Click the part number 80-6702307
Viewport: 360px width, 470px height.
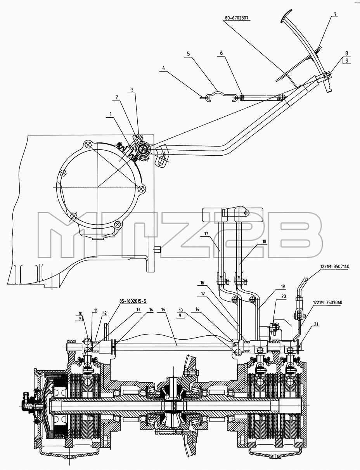coord(237,18)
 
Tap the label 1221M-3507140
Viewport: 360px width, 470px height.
coord(334,267)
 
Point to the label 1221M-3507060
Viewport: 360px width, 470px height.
coord(327,302)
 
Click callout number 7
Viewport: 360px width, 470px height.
coord(335,14)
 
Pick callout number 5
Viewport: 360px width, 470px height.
coord(189,54)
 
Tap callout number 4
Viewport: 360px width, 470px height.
coord(164,68)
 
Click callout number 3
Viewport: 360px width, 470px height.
coord(132,90)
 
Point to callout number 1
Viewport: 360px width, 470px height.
coord(111,114)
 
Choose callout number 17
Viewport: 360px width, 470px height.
coord(206,234)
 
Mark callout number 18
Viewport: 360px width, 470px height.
coord(265,241)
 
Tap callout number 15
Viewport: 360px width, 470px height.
coord(163,309)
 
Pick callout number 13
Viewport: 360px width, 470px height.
coord(138,309)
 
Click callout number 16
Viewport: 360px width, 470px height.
coord(202,283)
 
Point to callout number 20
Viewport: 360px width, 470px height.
coord(284,296)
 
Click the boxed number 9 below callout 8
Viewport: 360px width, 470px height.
coord(347,61)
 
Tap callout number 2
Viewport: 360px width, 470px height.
coord(117,97)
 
